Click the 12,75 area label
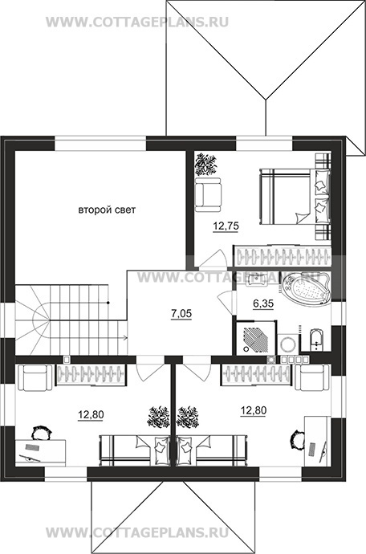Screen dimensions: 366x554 point(226,226)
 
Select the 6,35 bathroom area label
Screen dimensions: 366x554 point(263,303)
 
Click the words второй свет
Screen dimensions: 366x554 point(107,210)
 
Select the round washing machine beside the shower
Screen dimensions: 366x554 point(287,344)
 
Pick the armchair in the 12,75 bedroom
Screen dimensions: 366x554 point(208,194)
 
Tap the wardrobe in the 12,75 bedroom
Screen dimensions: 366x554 point(283,255)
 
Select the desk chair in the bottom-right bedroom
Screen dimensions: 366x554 point(296,439)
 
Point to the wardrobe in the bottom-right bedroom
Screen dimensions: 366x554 point(256,374)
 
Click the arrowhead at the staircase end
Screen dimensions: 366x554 point(125,338)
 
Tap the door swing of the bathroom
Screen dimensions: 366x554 point(225,301)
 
